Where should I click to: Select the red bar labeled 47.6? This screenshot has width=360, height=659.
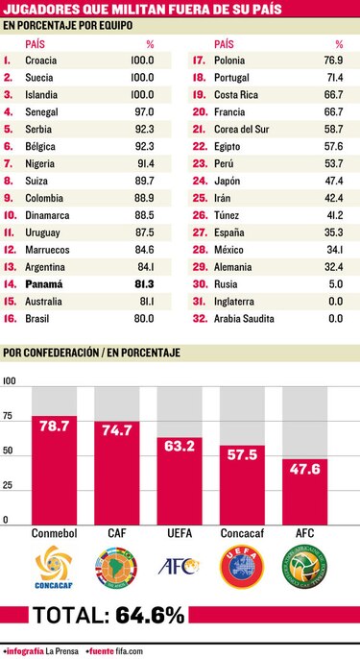(304, 491)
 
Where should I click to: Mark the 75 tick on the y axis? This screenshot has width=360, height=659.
(9, 417)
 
